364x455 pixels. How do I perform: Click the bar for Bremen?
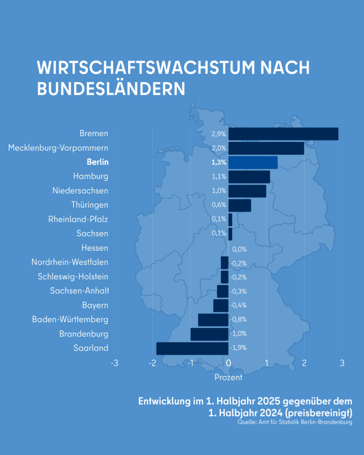283,134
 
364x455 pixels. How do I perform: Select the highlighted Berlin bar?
253,163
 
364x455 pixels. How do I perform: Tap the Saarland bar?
192,348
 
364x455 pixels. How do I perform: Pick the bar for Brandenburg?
209,334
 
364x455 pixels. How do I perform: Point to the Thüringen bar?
240,205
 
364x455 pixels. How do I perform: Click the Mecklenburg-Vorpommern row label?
58,148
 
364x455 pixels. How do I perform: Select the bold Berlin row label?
97,163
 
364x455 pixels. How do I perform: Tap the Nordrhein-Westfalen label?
70,262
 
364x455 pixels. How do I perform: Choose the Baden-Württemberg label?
70,319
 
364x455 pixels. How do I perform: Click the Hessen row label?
95,248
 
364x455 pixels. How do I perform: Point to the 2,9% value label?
219,134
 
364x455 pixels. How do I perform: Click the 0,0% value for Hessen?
239,249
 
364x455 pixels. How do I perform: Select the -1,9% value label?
239,348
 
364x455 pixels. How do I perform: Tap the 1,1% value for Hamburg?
219,176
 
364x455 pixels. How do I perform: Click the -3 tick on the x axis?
114,363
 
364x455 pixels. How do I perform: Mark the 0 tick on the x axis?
228,363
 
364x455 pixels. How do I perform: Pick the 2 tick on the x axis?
304,363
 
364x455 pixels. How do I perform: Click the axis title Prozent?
228,378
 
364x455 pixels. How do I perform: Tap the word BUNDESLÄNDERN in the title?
111,88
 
